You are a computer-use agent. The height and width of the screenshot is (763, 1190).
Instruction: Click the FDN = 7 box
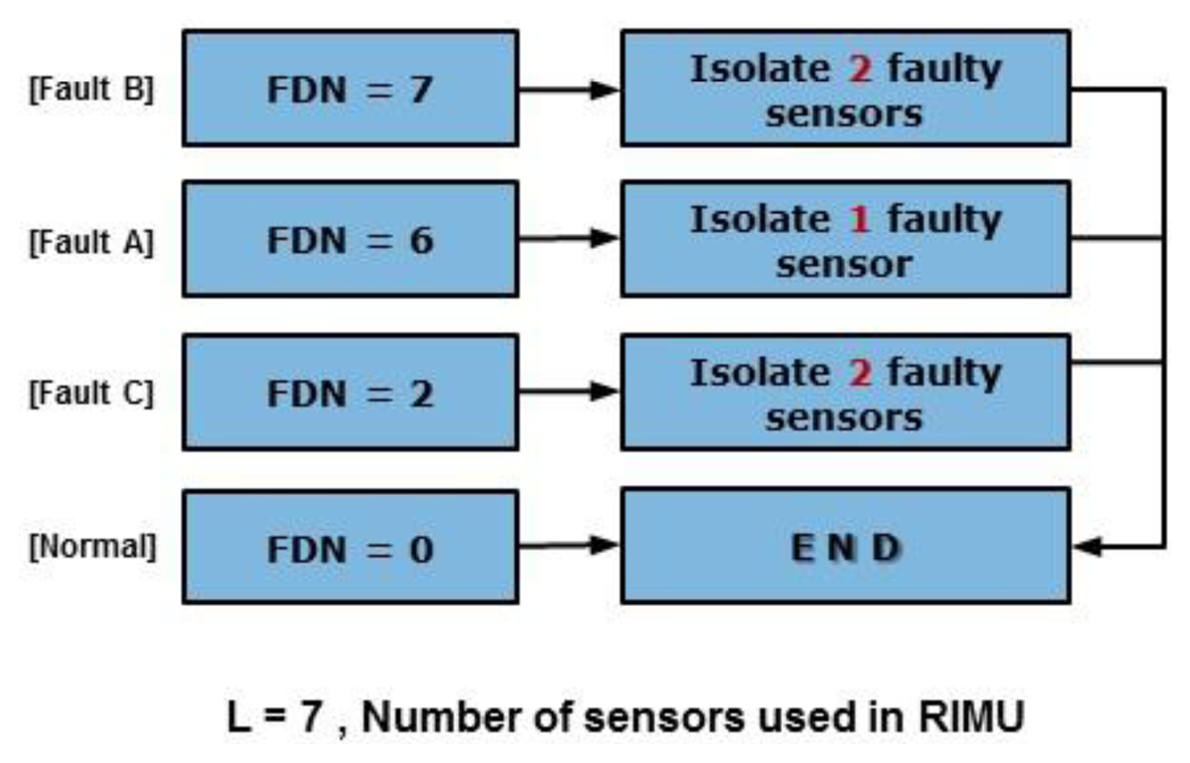350,88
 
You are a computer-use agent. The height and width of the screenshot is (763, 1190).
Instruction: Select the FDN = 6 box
350,239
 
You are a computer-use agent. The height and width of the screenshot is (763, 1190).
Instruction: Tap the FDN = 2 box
350,392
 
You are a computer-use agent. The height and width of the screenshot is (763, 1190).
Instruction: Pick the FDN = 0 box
350,548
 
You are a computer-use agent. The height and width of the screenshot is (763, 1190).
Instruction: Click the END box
845,548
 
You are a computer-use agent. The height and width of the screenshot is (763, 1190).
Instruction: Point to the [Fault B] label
91,89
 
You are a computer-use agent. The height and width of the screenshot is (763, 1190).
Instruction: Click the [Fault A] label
91,242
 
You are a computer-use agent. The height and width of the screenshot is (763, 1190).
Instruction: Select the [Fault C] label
91,394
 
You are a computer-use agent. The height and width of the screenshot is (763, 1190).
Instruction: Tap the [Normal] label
92,547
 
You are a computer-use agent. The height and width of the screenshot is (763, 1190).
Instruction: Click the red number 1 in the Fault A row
859,220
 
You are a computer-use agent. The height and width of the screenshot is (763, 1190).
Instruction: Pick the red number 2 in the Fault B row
859,69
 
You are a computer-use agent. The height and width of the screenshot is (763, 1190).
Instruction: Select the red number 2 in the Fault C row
859,373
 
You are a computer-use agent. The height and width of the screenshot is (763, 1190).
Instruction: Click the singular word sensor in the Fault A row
844,265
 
